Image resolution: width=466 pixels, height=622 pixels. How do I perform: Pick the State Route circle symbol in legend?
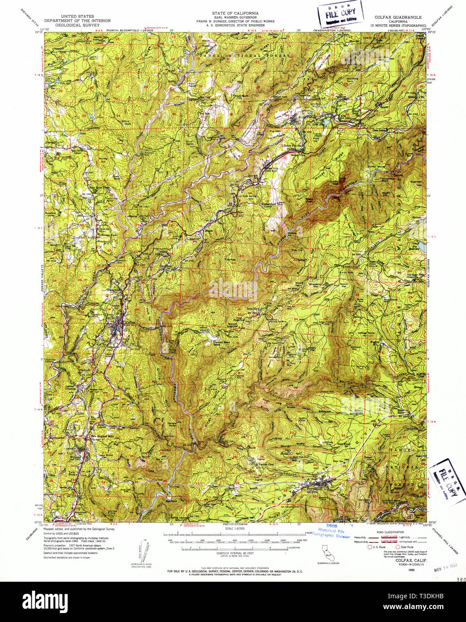[x=397, y=547]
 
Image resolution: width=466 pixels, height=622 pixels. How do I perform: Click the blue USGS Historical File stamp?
[x=334, y=531]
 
